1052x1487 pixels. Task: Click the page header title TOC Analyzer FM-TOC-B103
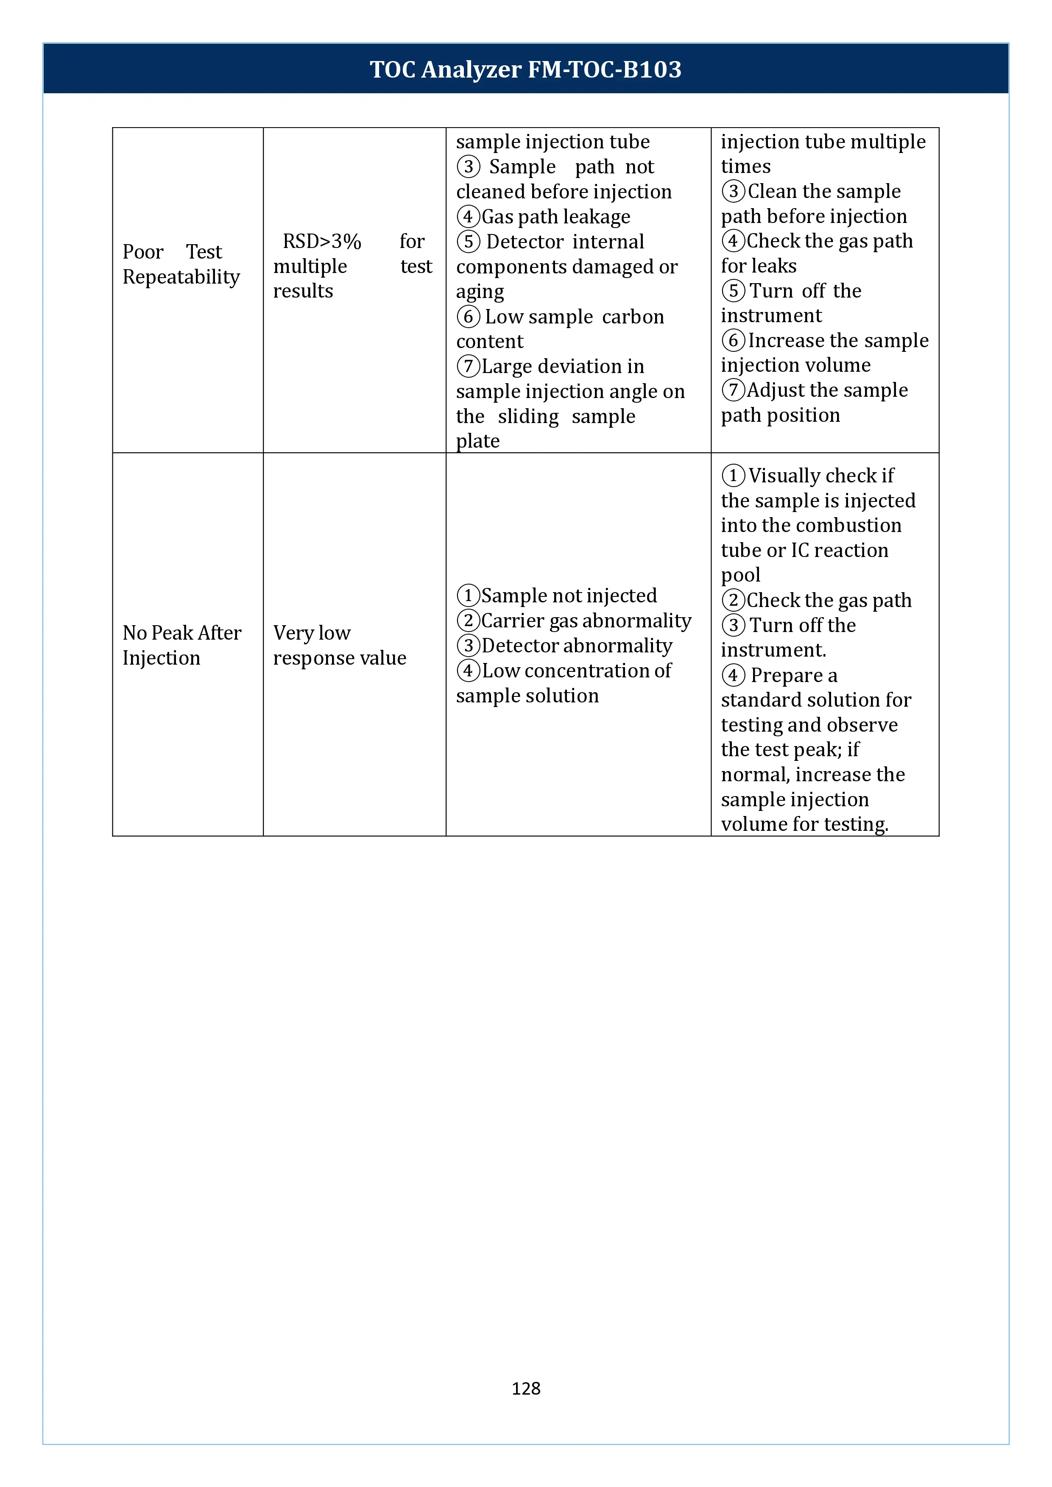click(525, 69)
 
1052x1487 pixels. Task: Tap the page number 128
click(525, 1388)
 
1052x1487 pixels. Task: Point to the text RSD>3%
click(322, 242)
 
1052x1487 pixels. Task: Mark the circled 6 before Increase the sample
click(733, 341)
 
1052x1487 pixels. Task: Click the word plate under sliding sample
click(477, 441)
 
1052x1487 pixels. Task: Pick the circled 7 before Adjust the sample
click(733, 390)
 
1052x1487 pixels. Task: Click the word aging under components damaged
click(480, 292)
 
